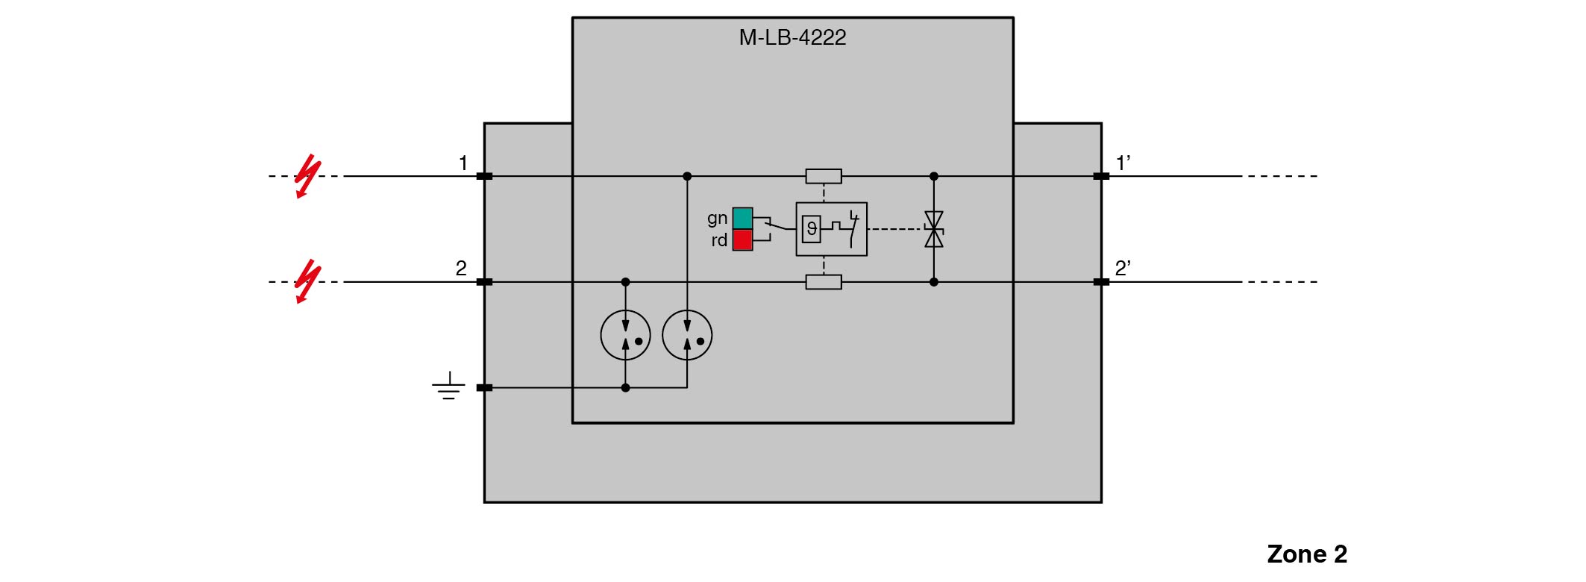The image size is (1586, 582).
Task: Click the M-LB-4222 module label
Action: click(x=792, y=37)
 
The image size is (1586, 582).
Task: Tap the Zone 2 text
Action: click(x=1307, y=554)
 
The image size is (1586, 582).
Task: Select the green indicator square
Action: click(x=742, y=218)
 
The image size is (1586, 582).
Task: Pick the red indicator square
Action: click(x=742, y=240)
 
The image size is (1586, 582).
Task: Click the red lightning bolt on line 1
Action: click(x=307, y=177)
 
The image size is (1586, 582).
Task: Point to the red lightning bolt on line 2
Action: click(x=307, y=282)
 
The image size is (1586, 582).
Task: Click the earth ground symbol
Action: click(x=448, y=387)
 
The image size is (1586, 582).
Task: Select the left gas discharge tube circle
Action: click(x=625, y=336)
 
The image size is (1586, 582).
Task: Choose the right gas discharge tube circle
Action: click(x=687, y=336)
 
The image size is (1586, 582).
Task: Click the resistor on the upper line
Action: click(x=824, y=176)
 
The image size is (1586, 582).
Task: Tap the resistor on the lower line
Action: click(x=824, y=282)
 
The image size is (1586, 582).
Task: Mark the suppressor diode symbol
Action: click(x=933, y=229)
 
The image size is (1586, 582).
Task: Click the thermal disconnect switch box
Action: click(x=831, y=229)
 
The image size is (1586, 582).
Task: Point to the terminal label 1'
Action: click(x=1123, y=163)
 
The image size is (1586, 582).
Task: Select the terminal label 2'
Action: click(x=1123, y=269)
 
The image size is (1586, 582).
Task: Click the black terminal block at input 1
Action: click(x=484, y=176)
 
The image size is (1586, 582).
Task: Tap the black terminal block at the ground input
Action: click(x=484, y=388)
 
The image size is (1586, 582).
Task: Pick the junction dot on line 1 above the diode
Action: click(x=933, y=176)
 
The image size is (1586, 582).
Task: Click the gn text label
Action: click(x=717, y=219)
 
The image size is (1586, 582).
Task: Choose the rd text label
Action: click(x=718, y=240)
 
